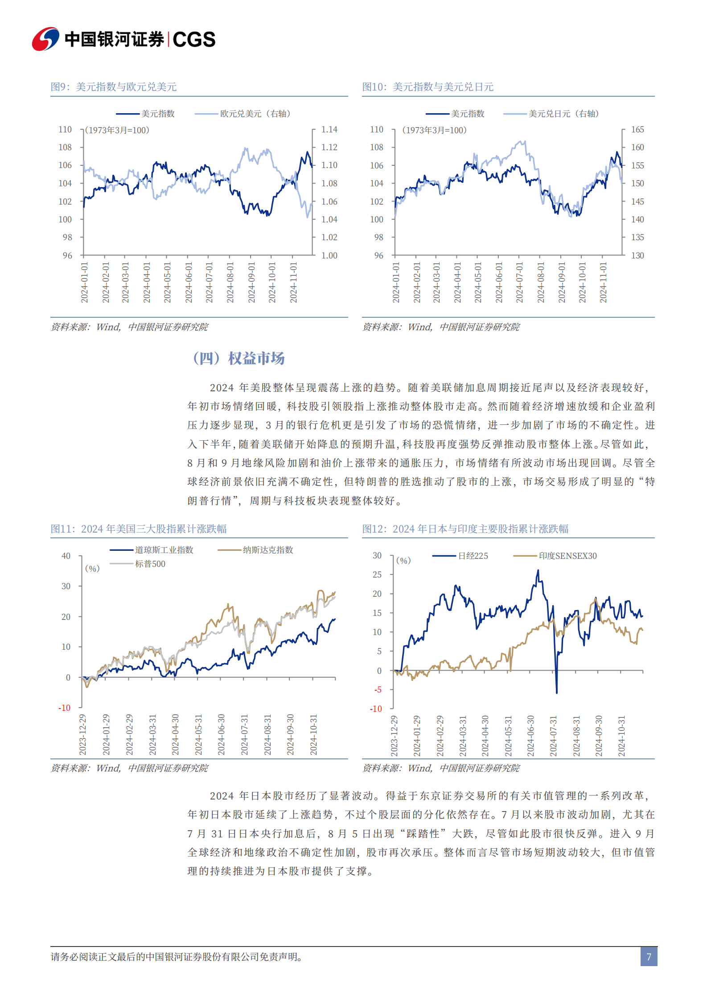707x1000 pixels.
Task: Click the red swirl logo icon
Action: [45, 39]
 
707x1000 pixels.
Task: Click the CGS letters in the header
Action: [194, 40]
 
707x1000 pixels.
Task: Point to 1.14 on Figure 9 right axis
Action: [329, 130]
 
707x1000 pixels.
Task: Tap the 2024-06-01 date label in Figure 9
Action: [189, 283]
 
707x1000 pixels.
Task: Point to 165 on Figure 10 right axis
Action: [637, 130]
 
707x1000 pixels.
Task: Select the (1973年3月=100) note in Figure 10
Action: [434, 130]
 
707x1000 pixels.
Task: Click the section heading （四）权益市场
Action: [238, 358]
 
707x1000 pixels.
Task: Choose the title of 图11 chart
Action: [138, 529]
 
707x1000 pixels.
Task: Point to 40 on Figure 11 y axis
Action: [66, 556]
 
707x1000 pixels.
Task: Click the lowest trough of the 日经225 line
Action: [556, 692]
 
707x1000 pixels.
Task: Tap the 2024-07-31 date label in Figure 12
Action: [553, 736]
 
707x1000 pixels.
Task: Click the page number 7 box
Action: [649, 956]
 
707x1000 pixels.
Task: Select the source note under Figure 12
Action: [441, 768]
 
